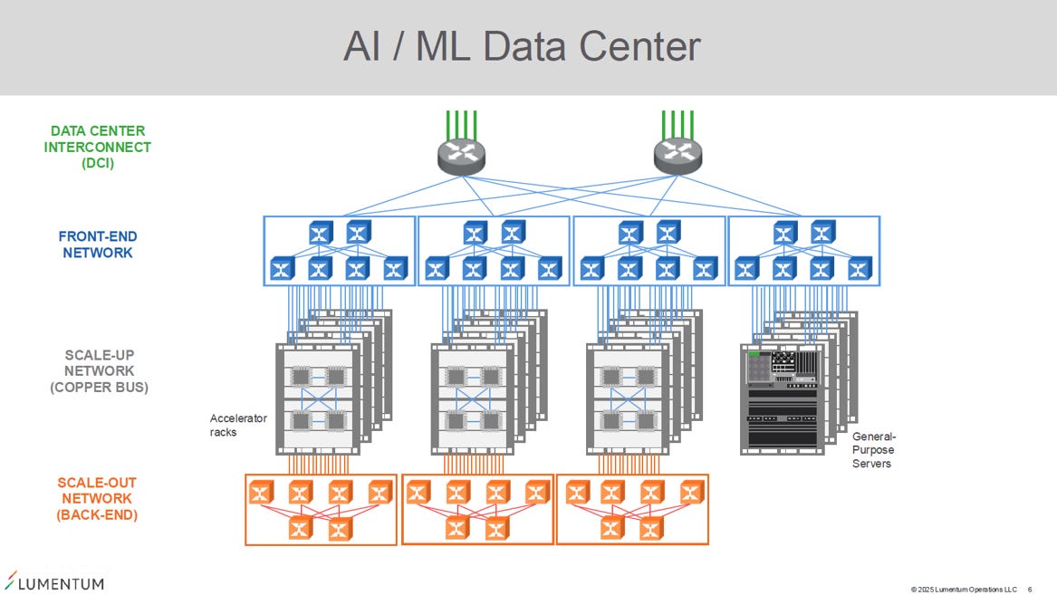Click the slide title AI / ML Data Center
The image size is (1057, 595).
point(522,46)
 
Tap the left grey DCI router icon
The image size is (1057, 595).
point(462,157)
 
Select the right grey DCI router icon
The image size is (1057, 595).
point(677,157)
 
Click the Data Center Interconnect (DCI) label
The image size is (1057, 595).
point(98,147)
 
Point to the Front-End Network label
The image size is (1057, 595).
point(98,245)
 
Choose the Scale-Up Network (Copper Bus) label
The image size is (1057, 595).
point(99,371)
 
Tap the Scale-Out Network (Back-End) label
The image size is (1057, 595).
point(97,499)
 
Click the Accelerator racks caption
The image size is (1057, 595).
point(238,425)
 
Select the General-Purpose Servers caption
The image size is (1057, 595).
point(874,450)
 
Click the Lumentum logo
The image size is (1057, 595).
point(54,581)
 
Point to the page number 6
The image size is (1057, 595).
point(1029,590)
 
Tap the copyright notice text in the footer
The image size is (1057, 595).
point(964,590)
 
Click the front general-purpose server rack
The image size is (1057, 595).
point(782,399)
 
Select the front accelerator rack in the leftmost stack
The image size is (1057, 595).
point(318,399)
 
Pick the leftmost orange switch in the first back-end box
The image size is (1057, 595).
point(261,492)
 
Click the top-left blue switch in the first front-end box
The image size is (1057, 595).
point(321,233)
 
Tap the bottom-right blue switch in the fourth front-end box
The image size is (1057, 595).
point(860,269)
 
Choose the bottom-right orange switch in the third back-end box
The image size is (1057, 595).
point(651,529)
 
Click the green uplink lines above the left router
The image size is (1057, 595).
point(462,125)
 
